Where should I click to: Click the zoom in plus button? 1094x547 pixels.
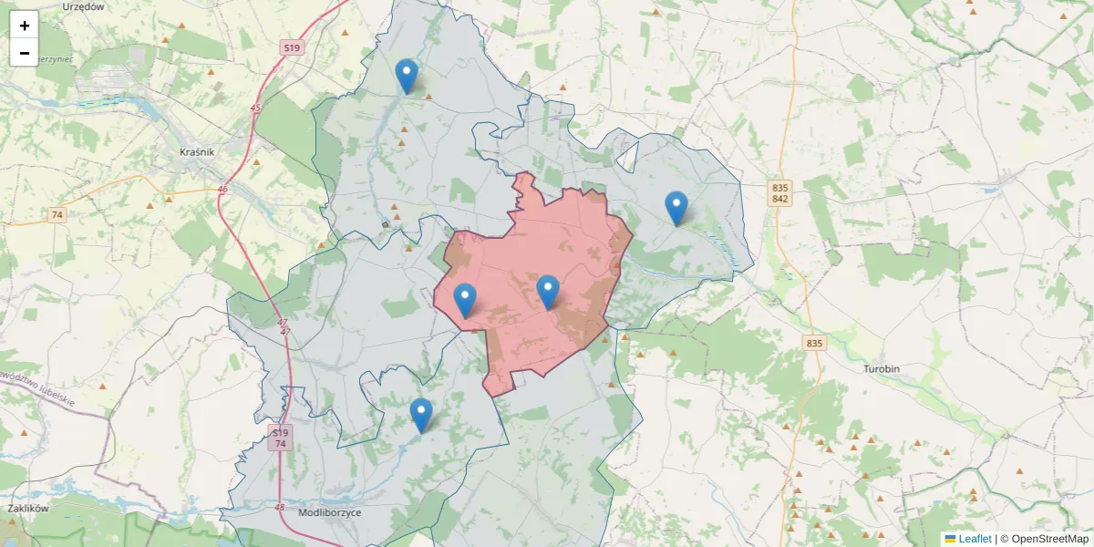[x=25, y=26]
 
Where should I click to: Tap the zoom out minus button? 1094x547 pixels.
[x=25, y=53]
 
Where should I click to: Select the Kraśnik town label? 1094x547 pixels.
[x=197, y=152]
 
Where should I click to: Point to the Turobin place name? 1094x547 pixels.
[x=882, y=369]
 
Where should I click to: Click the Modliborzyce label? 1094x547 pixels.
[x=330, y=513]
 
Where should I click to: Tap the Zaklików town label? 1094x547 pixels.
[x=26, y=509]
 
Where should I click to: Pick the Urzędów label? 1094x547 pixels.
[x=84, y=6]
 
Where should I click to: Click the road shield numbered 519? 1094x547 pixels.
[x=292, y=47]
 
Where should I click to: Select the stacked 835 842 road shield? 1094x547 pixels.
[x=779, y=193]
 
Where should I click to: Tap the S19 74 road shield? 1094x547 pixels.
[x=280, y=438]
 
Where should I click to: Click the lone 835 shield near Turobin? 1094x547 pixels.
[x=814, y=344]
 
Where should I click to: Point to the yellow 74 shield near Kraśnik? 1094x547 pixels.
[x=57, y=215]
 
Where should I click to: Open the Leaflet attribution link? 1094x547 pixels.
[x=974, y=539]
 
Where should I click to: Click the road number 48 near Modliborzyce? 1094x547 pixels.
[x=279, y=508]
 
